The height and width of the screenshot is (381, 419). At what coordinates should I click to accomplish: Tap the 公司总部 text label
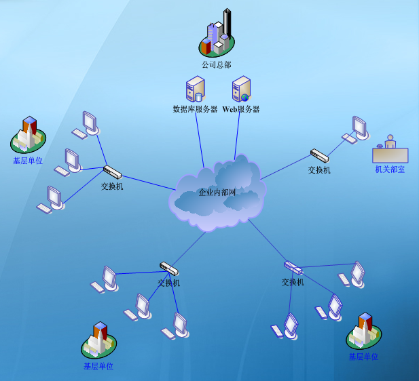216,65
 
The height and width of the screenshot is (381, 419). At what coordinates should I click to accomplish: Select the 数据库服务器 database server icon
195,89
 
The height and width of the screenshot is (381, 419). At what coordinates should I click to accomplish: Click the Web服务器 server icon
241,89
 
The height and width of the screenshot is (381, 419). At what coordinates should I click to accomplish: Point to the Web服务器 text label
241,109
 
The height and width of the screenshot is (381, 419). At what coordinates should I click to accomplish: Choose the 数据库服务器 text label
195,109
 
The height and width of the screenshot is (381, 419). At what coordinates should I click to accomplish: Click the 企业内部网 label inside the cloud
217,193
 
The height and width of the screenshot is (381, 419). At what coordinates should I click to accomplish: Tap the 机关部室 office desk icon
390,151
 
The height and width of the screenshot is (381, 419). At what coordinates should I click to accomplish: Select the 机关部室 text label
390,169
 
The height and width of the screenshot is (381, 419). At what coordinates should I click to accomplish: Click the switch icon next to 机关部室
319,156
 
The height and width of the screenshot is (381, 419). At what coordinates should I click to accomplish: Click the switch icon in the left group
112,172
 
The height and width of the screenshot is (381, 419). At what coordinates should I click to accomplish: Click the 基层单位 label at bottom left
98,366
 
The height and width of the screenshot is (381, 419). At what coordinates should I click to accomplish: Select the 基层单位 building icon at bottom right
363,332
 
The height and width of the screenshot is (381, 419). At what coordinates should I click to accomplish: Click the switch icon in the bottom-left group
168,269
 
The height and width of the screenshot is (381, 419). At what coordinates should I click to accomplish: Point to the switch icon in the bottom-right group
293,267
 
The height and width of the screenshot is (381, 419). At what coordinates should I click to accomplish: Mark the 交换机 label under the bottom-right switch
293,282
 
